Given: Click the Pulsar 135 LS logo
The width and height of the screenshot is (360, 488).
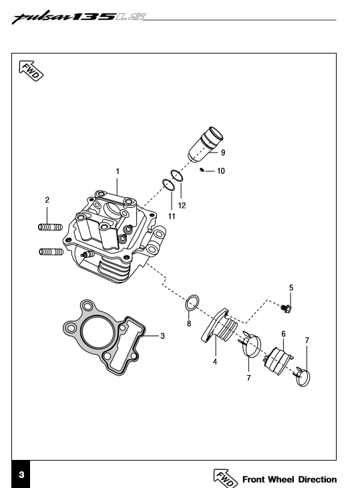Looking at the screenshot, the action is [78, 17].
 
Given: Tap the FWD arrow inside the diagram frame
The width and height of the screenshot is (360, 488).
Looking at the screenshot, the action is [31, 71].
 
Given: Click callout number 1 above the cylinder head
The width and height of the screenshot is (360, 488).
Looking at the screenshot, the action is [118, 172].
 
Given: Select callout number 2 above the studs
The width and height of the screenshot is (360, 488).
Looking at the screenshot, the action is [47, 200].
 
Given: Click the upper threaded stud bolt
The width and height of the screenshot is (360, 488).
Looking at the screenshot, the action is [50, 227].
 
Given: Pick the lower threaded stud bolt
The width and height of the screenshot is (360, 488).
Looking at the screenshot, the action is [51, 251].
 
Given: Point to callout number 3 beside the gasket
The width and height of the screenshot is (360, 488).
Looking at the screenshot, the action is [162, 336].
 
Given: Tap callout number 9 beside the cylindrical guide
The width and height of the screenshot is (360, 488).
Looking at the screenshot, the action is [223, 153].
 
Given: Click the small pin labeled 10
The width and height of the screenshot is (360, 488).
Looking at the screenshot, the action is [202, 170].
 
